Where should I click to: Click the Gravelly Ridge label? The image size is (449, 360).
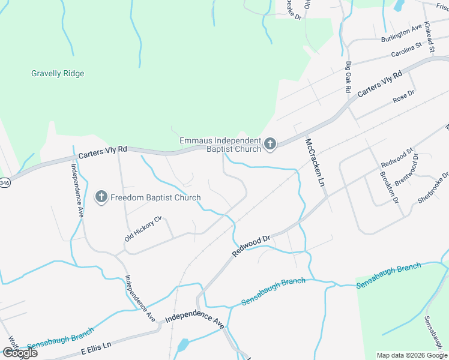click(x=58, y=74)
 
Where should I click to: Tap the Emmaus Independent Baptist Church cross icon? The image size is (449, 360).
click(x=270, y=144)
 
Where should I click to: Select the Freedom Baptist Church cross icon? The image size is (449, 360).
click(x=101, y=197)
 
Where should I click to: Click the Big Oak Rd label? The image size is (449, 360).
click(x=348, y=76)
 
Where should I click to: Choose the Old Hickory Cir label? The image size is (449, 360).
click(x=143, y=229)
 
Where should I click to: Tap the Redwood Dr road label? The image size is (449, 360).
click(x=252, y=246)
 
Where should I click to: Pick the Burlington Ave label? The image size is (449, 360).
click(x=402, y=34)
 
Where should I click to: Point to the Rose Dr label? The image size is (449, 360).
click(x=403, y=96)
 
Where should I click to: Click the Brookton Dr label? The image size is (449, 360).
click(x=389, y=188)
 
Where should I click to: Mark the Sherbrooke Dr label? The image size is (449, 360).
click(x=433, y=188)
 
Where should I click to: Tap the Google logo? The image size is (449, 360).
click(x=20, y=353)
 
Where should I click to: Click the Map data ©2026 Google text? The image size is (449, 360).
click(x=411, y=355)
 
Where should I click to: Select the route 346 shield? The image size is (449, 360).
click(x=4, y=182)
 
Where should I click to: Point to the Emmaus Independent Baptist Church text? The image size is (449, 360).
click(x=221, y=145)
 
